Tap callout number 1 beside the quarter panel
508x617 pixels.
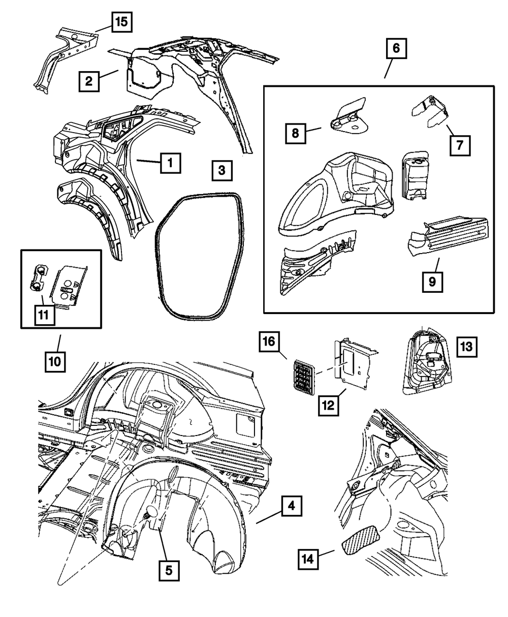tap(170, 163)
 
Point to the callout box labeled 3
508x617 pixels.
tap(221, 171)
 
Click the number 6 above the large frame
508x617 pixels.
tap(396, 49)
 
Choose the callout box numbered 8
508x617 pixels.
tap(295, 134)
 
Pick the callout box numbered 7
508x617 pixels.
tap(459, 145)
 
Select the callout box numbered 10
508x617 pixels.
tap(55, 362)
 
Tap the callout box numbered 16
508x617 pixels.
tap(269, 341)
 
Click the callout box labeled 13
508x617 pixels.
tap(467, 347)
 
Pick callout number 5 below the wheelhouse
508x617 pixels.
tap(169, 570)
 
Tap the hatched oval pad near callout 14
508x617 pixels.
tap(361, 540)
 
